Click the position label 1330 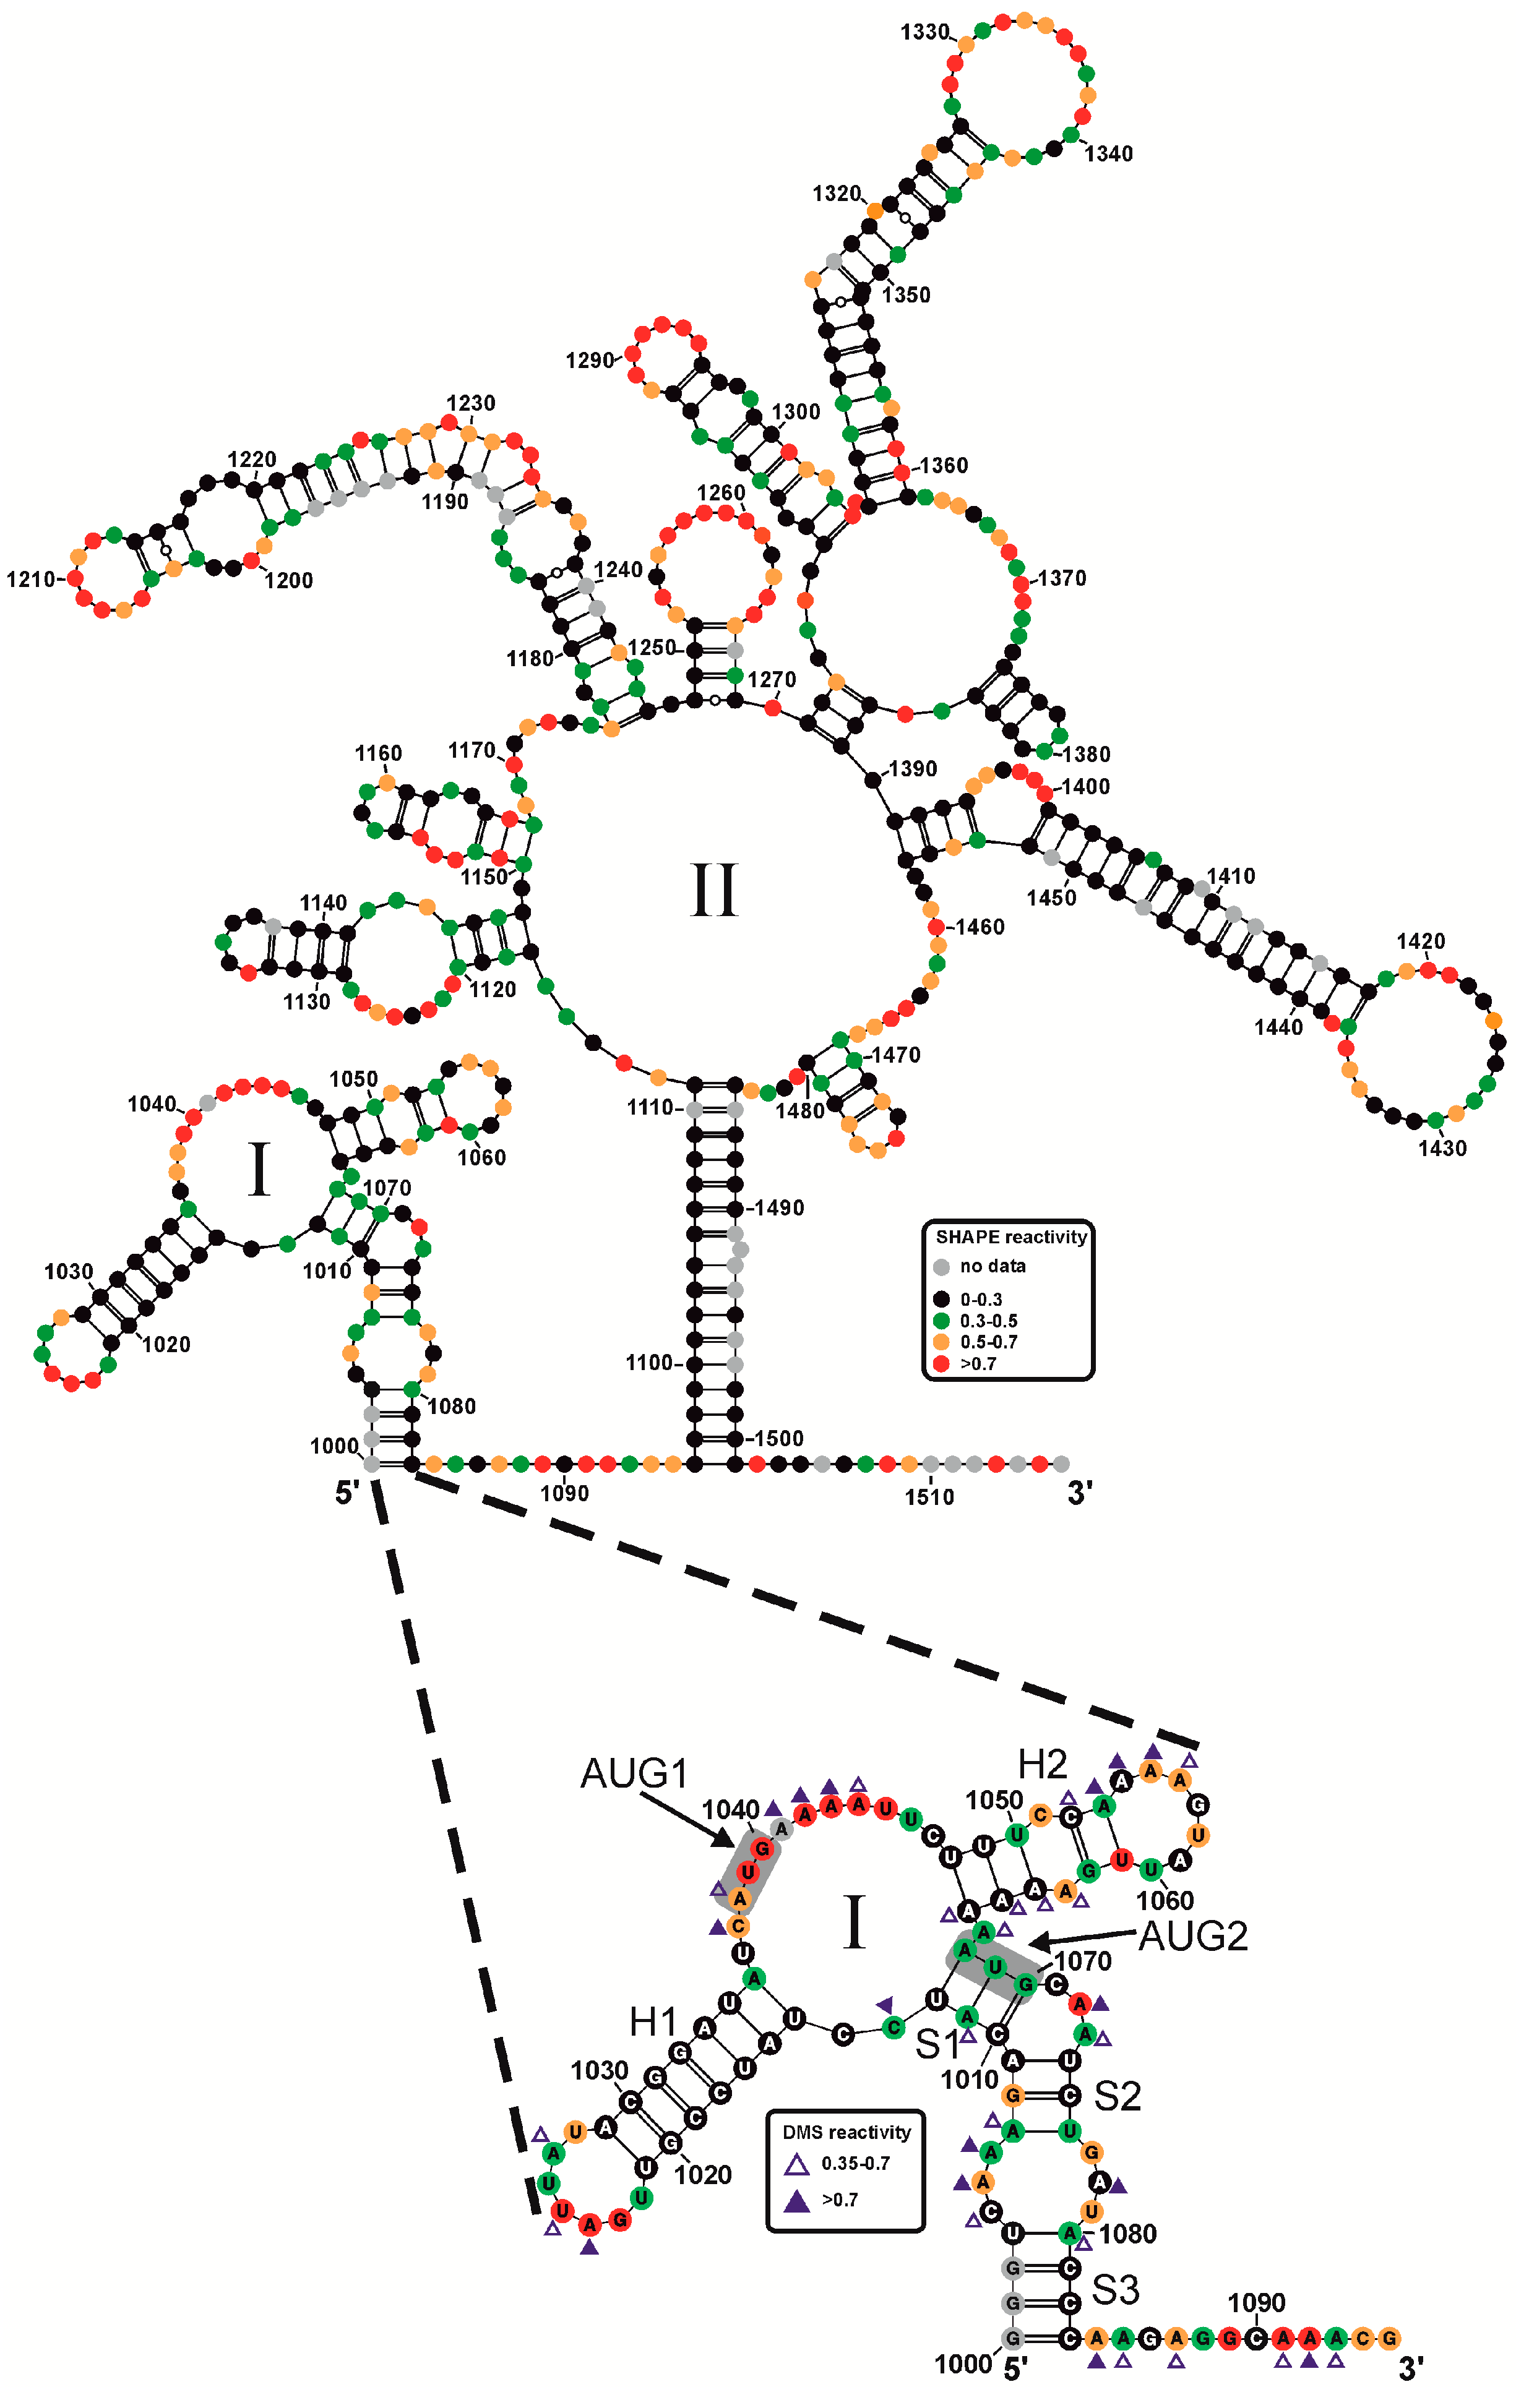(x=924, y=32)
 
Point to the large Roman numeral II (x=714, y=889)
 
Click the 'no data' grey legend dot (x=941, y=1267)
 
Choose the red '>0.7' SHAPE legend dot (x=941, y=1364)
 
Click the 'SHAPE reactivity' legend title (x=1010, y=1237)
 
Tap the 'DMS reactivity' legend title (x=846, y=2132)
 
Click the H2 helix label (x=1042, y=1765)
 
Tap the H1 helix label (x=652, y=2022)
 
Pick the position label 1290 (x=589, y=361)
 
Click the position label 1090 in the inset (x=1255, y=2303)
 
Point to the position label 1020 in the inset (x=703, y=2175)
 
